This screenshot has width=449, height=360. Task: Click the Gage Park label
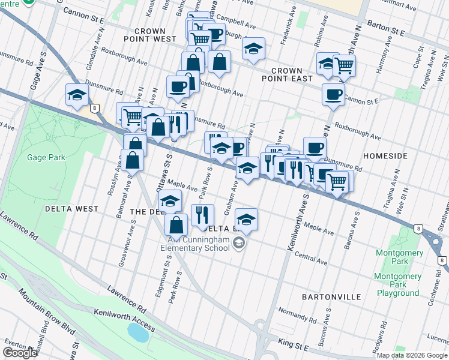40,158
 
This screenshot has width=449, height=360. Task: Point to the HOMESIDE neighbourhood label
387,156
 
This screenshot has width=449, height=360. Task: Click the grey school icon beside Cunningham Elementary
240,243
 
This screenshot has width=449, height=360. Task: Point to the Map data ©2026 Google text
412,355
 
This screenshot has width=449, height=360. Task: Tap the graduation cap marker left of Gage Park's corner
77,94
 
